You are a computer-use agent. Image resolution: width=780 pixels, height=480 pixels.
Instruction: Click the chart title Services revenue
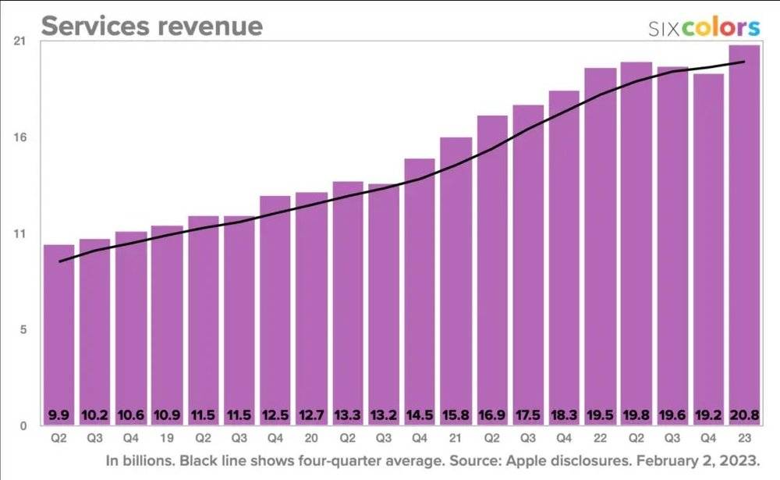coord(151,26)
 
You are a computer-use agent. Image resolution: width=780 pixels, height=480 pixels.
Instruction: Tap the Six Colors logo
coord(704,28)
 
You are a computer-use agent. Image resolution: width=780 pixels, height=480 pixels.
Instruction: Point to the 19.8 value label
coord(636,414)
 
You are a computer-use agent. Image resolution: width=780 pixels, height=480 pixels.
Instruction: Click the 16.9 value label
coord(492,414)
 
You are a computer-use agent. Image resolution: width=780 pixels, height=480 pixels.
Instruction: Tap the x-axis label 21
coord(456,438)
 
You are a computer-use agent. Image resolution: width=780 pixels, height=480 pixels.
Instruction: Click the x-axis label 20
coord(311,438)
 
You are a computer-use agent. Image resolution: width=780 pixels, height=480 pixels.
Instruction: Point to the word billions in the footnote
coord(149,460)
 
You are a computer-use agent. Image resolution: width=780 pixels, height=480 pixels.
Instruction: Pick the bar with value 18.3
coord(564,257)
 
